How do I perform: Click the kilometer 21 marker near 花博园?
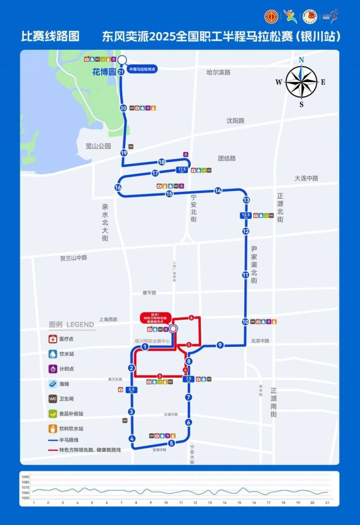tap(121, 72)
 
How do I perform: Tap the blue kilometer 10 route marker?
tap(245, 322)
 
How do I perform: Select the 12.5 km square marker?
tap(246, 216)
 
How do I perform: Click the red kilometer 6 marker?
tap(192, 318)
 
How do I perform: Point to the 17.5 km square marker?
tap(182, 170)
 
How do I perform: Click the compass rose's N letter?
tap(301, 60)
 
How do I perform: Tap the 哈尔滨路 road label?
tap(218, 72)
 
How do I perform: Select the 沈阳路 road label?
tap(235, 121)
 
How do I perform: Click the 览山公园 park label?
tap(98, 146)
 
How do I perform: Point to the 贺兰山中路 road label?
tap(73, 258)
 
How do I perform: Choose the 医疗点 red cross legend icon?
tap(53, 339)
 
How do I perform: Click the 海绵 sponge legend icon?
tap(53, 384)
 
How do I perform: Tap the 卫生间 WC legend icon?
tap(53, 399)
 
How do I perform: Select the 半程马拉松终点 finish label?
tap(142, 69)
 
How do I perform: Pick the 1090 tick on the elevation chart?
tap(25, 477)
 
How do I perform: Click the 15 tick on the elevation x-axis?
tap(239, 503)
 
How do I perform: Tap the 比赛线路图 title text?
tap(50, 36)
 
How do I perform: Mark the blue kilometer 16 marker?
tap(118, 188)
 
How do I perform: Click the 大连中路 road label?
tap(306, 178)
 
